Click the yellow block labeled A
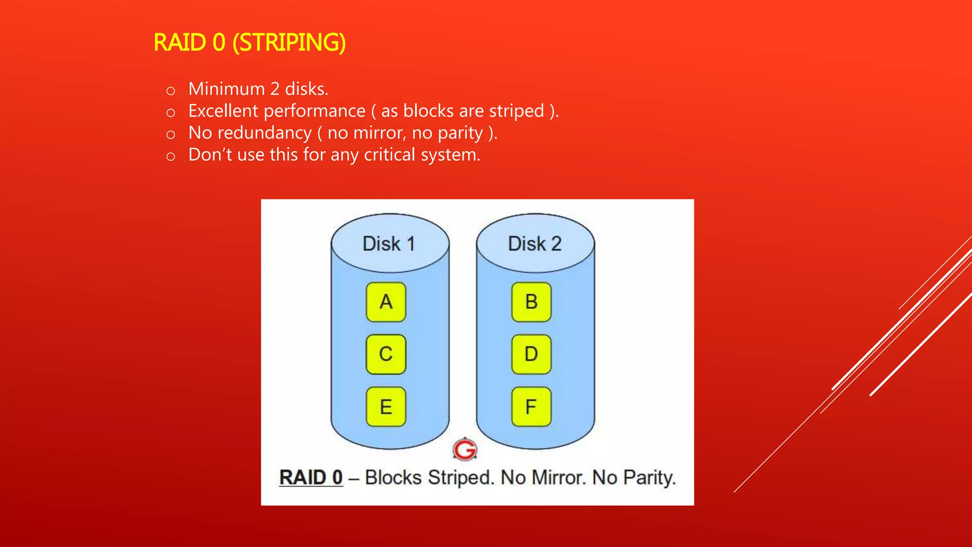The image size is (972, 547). [386, 302]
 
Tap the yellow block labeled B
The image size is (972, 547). [531, 302]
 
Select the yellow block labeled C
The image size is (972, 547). [386, 354]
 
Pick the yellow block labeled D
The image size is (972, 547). [531, 354]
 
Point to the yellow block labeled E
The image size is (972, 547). [386, 407]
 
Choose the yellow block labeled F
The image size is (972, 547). [531, 407]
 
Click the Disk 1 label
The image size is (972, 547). [389, 244]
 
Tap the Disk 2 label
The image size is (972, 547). [535, 244]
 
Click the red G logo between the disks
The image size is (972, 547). [465, 449]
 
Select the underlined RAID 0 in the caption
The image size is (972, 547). [311, 478]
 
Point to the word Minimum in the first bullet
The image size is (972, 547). [226, 89]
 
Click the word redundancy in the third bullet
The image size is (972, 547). [264, 133]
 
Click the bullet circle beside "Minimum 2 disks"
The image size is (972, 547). [171, 91]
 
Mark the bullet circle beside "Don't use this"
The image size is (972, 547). [171, 156]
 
